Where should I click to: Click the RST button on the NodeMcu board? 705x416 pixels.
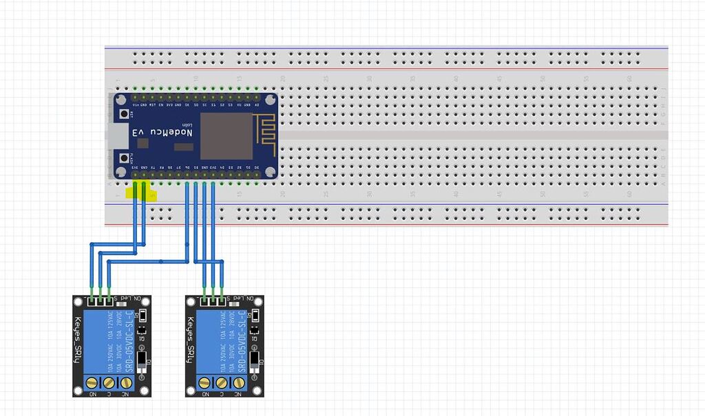[x=125, y=114]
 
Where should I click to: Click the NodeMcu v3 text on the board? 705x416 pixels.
[x=168, y=132]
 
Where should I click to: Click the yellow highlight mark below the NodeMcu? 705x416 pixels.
[x=147, y=194]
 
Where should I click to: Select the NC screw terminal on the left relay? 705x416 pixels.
[x=127, y=382]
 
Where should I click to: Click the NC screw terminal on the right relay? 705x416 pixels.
[x=239, y=382]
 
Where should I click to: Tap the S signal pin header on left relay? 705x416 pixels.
[x=108, y=300]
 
